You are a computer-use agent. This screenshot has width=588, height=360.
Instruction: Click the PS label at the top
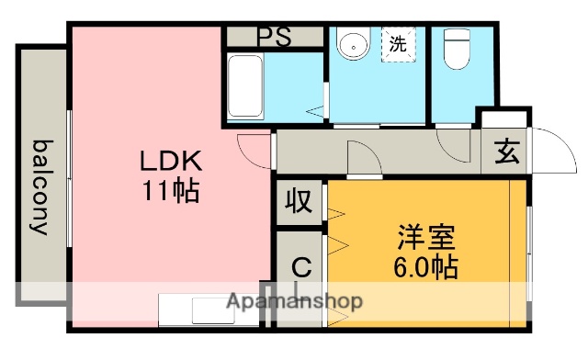click(273, 38)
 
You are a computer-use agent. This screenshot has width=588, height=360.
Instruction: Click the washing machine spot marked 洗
click(397, 43)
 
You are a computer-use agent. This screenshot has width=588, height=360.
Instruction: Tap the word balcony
click(41, 187)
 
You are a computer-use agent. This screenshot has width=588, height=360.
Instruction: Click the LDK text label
click(170, 162)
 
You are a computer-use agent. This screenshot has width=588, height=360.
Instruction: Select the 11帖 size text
click(170, 192)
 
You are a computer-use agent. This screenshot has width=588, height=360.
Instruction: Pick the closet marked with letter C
click(300, 268)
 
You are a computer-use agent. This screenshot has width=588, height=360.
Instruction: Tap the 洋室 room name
click(425, 238)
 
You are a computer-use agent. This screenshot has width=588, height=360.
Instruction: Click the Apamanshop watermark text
click(294, 301)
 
